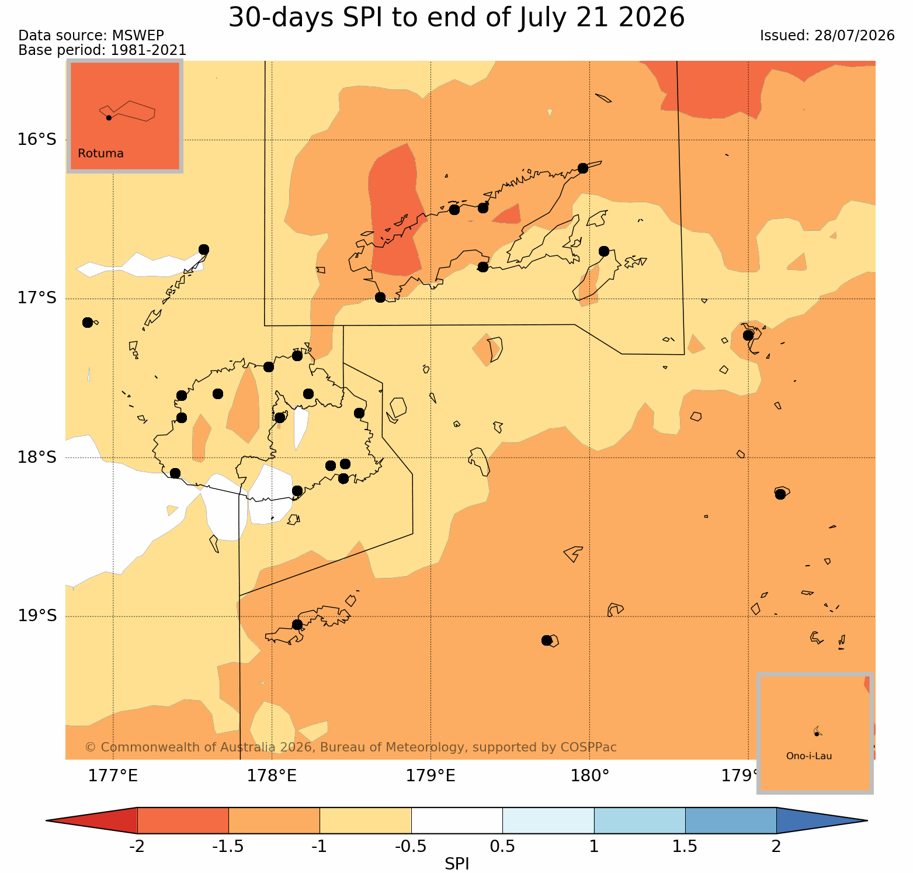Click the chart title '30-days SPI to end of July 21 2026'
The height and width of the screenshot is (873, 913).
tap(456, 18)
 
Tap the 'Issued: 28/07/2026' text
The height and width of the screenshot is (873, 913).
tap(827, 36)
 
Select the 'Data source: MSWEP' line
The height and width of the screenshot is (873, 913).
tap(91, 36)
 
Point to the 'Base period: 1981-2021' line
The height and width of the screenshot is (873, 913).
tap(102, 50)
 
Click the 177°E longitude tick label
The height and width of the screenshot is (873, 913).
tap(113, 776)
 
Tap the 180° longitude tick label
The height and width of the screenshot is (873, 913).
tap(589, 776)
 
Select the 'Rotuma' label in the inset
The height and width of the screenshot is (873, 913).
tap(100, 154)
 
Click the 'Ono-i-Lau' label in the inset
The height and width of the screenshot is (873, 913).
tap(809, 756)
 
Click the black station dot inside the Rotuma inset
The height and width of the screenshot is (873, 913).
tap(109, 117)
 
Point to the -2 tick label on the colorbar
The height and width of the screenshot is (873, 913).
tap(137, 847)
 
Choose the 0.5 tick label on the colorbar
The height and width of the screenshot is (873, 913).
tap(502, 847)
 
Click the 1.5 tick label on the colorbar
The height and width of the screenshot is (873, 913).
tap(685, 847)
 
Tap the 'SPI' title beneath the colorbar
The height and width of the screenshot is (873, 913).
tap(457, 864)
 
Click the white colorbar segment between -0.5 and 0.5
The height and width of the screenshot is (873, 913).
tap(457, 820)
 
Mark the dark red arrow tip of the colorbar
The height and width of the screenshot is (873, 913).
tap(92, 820)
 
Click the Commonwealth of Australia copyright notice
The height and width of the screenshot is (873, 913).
tap(350, 747)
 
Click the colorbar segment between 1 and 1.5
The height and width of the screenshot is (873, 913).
tap(640, 820)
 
